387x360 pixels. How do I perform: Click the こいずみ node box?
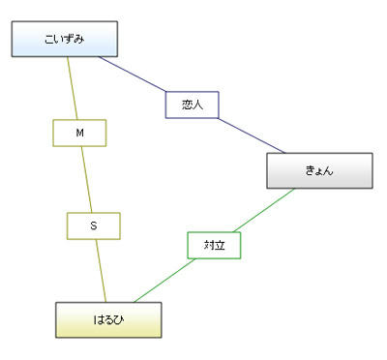64,40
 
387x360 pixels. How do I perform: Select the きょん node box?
319,170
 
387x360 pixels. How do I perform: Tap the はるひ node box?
106,319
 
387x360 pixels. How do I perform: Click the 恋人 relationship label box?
193,105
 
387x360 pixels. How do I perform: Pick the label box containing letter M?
79,133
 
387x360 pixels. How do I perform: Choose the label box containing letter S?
93,225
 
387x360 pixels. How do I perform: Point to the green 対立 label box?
214,246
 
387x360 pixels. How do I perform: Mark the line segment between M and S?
86,179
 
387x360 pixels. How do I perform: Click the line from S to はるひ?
100,271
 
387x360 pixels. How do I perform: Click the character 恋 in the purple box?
187,105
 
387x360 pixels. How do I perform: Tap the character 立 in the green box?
220,246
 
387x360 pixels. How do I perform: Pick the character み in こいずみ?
79,40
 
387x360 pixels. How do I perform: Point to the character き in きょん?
309,170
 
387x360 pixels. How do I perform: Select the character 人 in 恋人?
199,105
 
